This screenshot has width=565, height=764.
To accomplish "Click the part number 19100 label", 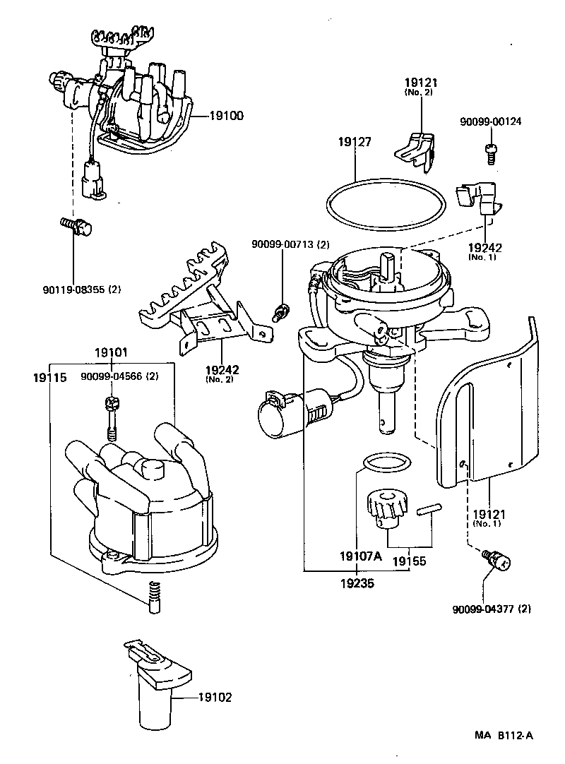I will click(x=226, y=115).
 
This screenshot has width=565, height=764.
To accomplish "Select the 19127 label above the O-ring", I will click(x=355, y=142).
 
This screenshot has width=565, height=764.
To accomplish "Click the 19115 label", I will click(x=49, y=378).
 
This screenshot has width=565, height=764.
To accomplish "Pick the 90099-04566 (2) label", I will click(x=119, y=376).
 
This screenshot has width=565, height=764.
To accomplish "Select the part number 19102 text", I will click(x=214, y=698).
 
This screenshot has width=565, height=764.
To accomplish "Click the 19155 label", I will click(x=410, y=563).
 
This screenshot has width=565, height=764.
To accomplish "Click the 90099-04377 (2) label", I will click(x=492, y=609).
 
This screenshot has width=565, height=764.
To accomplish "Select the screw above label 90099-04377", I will click(x=496, y=561).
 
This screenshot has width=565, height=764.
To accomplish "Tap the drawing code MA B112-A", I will click(x=504, y=736).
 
